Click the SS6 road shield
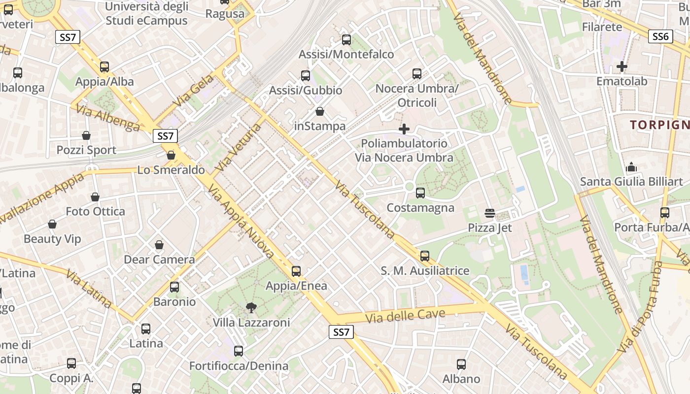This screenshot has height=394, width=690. tap(660, 36)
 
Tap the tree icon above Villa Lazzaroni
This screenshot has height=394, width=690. tap(251, 308)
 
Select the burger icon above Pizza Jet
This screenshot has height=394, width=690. tap(490, 213)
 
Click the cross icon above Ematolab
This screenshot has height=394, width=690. tap(622, 66)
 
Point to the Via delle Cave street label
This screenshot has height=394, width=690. tap(406, 316)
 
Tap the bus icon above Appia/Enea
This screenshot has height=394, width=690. tap(296, 271)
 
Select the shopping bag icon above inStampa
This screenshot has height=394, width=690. tap(320, 112)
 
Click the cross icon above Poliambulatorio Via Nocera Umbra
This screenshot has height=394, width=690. tap(404, 129)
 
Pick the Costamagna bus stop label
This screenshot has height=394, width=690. tap(420, 207)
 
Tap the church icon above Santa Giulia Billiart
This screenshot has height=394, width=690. tap(631, 167)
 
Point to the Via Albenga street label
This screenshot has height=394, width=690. tap(108, 118)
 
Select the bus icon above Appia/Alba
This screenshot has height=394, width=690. tap(104, 67)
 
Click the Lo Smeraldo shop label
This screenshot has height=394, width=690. tap(171, 170)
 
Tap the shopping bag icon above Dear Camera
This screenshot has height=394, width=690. tap(159, 245)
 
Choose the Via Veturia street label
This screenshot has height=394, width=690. tap(238, 147)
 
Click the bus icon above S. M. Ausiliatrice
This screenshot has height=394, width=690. tap(425, 256)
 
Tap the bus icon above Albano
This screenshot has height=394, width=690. tap(461, 364)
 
